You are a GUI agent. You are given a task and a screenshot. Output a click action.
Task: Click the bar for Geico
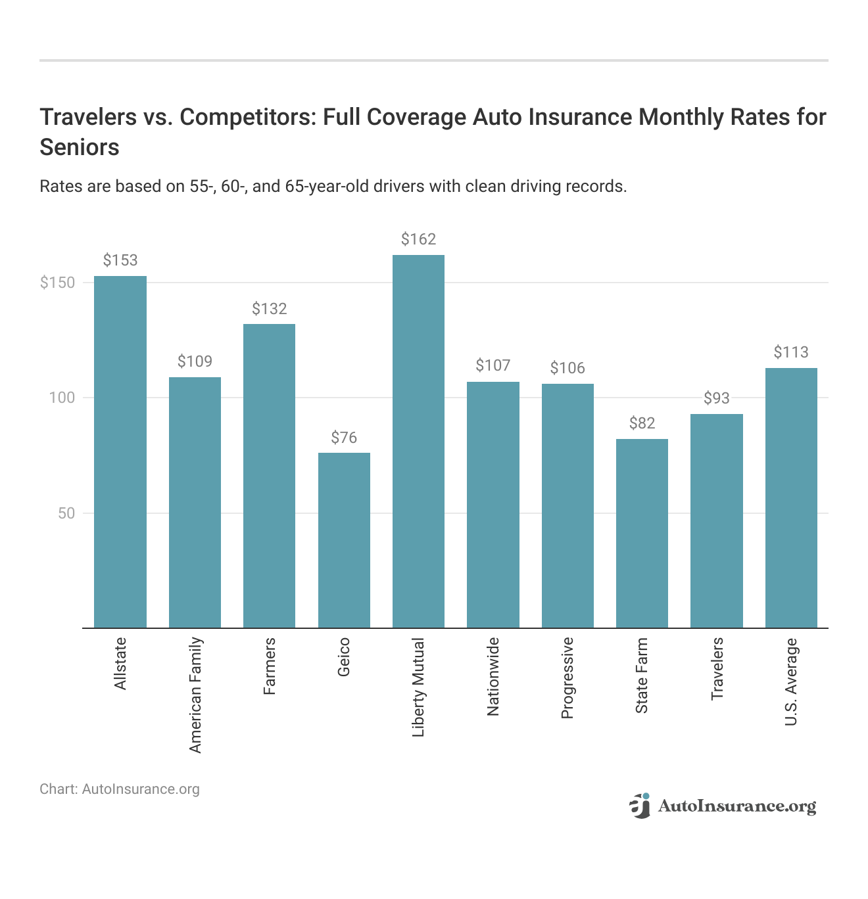[344, 540]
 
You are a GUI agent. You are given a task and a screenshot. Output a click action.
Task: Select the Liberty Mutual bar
[418, 441]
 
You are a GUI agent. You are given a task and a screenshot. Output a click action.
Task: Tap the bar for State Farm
[642, 533]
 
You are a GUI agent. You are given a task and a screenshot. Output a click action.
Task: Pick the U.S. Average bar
[791, 497]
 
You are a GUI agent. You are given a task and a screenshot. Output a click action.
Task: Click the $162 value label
[418, 239]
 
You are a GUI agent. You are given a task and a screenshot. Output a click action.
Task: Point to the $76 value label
[344, 438]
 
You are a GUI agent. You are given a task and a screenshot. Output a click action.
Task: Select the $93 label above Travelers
[717, 398]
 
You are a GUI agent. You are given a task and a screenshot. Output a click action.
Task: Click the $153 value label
[120, 260]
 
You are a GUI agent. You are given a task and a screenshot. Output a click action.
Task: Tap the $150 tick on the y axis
[58, 283]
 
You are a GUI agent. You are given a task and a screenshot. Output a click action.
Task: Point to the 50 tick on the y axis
[66, 513]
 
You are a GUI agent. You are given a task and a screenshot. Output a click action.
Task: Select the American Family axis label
[195, 695]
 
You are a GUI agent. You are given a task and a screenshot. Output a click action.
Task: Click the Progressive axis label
[567, 678]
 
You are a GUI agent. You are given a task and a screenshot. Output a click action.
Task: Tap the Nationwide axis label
[493, 676]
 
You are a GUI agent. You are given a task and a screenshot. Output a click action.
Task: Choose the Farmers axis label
[270, 666]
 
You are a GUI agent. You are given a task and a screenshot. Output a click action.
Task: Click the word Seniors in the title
[80, 147]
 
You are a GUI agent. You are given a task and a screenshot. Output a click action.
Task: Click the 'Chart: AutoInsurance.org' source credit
[120, 789]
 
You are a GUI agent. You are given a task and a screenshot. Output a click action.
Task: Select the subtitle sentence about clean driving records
[333, 187]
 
